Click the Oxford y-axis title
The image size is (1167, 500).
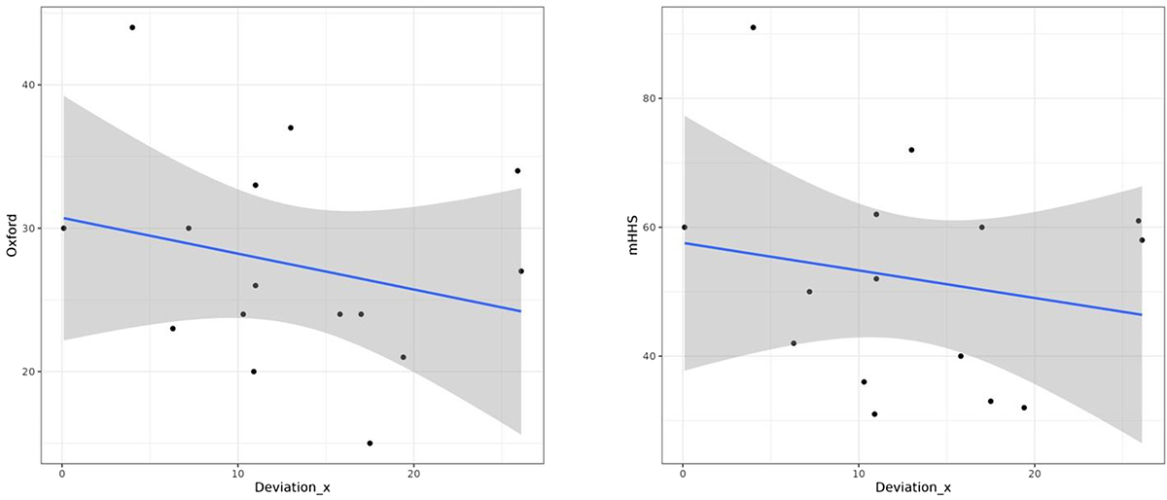(13, 238)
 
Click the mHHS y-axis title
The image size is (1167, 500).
(633, 238)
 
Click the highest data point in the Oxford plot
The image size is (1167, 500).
(132, 27)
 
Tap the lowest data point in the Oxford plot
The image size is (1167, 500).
(370, 444)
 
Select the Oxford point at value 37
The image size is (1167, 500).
(291, 127)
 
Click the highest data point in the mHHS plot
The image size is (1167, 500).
(753, 27)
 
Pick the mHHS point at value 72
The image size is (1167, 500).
(911, 150)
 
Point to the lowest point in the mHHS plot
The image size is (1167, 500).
(874, 414)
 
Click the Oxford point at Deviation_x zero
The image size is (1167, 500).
(63, 229)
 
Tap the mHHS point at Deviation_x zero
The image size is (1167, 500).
(684, 228)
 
